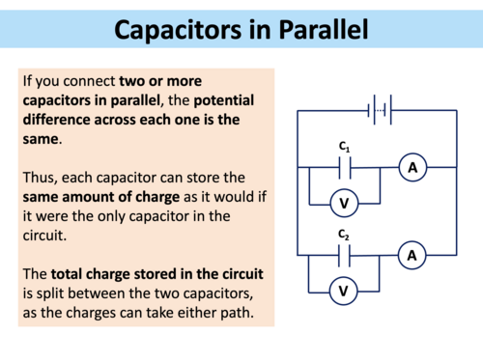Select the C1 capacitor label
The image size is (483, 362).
tap(344, 147)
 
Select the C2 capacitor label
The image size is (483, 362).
tap(344, 235)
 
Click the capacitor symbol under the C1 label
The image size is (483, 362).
tap(344, 168)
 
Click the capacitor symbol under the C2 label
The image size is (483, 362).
tap(344, 256)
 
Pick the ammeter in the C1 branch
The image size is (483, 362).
tap(412, 168)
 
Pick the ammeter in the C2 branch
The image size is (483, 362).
tap(412, 255)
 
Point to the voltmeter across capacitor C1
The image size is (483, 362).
tap(344, 204)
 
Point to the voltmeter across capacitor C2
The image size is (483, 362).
tap(344, 291)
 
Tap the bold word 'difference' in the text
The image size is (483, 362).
tap(68, 122)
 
